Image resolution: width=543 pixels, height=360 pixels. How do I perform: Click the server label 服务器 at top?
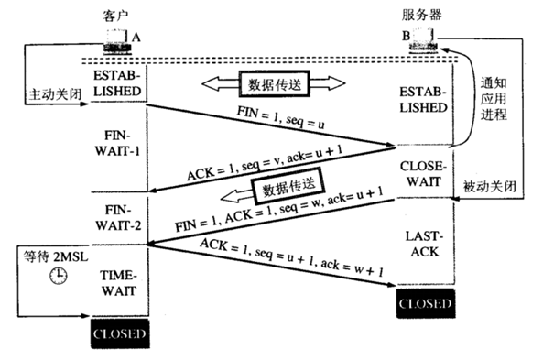click(x=422, y=16)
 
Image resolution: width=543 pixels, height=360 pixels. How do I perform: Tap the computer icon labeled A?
click(x=117, y=39)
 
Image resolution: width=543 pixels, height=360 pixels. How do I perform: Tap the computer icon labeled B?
click(x=424, y=39)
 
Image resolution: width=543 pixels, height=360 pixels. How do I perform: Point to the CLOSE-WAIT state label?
click(x=422, y=176)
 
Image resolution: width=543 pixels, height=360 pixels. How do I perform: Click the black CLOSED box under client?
click(x=118, y=334)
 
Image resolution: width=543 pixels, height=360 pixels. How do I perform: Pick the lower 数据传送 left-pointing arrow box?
click(x=285, y=191)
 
